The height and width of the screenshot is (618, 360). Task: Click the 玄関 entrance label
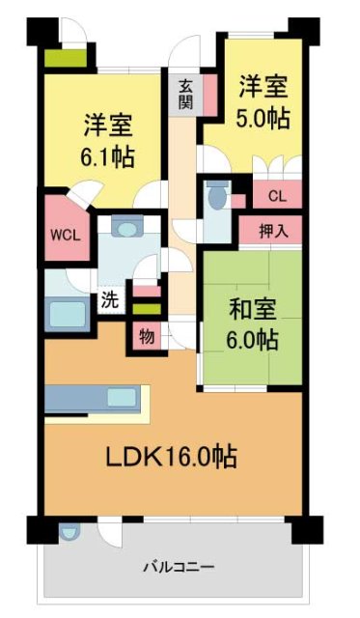[x=184, y=95]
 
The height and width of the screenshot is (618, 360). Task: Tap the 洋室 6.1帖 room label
[x=108, y=139]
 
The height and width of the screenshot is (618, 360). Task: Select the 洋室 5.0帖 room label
[x=263, y=102]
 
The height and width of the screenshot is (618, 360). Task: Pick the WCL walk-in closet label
[x=65, y=235]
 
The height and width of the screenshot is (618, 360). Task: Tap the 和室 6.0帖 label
[x=253, y=325]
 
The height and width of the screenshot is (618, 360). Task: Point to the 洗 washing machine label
[x=110, y=300]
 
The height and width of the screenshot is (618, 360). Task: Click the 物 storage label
[x=146, y=337]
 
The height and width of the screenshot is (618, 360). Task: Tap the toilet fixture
[x=216, y=198]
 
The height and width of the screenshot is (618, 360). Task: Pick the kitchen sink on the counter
[x=122, y=396]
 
